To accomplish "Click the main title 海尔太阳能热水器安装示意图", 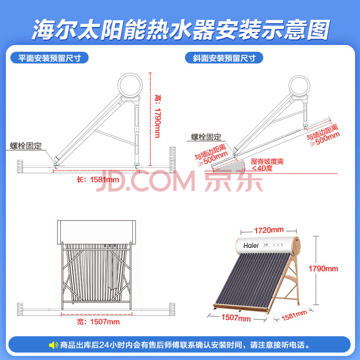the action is (x=181, y=30).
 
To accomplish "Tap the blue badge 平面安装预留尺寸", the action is (x=49, y=58).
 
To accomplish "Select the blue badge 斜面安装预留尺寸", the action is (x=224, y=58).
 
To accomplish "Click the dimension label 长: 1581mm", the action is (x=98, y=180).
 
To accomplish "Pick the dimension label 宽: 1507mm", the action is (x=98, y=322).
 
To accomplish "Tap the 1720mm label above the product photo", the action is (x=269, y=230).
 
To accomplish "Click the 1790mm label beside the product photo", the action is (x=323, y=269).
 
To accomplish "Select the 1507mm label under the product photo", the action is (x=236, y=318).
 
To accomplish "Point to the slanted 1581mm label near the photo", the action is (x=294, y=315).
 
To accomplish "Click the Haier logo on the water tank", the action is (x=251, y=245).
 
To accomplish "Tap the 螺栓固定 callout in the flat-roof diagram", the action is (x=26, y=146).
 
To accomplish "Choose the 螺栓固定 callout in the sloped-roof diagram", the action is (x=206, y=137).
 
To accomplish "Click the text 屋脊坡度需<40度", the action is (x=267, y=165).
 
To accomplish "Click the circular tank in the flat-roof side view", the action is (x=130, y=85).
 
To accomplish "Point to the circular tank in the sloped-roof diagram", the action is (x=299, y=86).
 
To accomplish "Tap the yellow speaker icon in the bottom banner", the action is (x=54, y=345).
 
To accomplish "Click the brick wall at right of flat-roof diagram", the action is (x=172, y=160).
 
